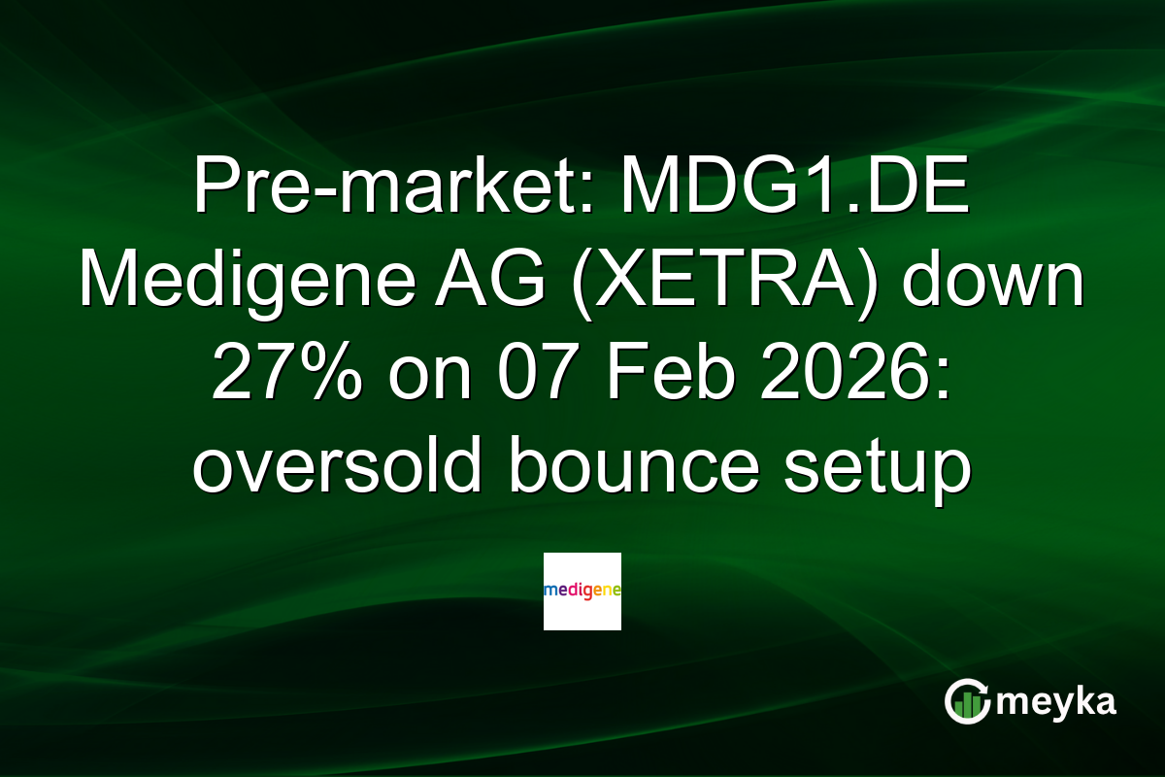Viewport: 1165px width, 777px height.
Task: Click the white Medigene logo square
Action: [582, 591]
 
